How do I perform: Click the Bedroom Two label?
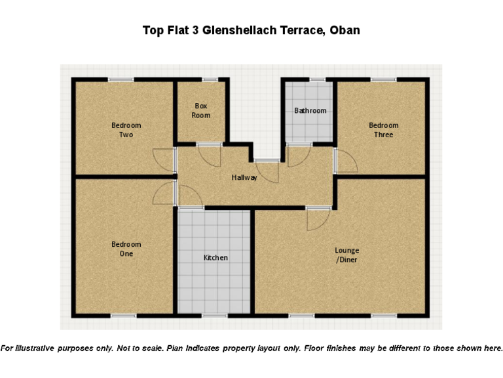[x=126, y=130]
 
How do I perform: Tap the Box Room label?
[x=201, y=110]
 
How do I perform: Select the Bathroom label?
[x=310, y=110]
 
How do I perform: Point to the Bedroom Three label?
[x=383, y=130]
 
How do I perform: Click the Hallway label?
[x=244, y=177]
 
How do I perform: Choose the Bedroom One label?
[x=126, y=249]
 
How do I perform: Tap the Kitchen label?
[x=215, y=258]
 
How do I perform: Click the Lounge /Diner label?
[x=347, y=255]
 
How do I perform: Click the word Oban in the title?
[x=345, y=31]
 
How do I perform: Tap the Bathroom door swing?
[x=299, y=155]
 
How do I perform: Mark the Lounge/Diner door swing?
[x=317, y=219]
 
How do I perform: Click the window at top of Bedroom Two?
[x=121, y=80]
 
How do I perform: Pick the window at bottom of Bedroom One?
[x=123, y=316]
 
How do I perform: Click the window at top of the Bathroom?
[x=317, y=80]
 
